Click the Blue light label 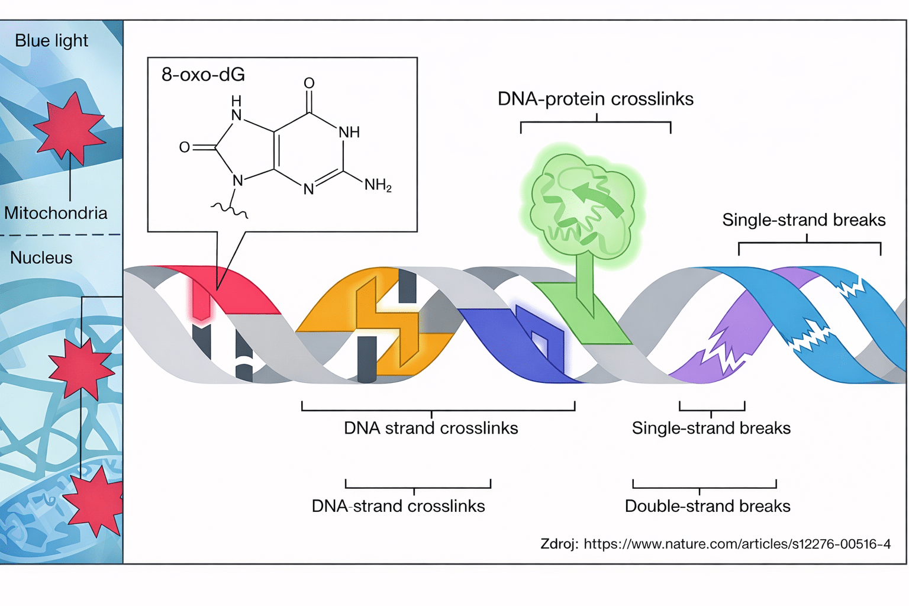pyautogui.click(x=51, y=41)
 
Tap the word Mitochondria pyautogui.click(x=56, y=213)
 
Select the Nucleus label pyautogui.click(x=41, y=258)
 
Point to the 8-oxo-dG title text pyautogui.click(x=203, y=75)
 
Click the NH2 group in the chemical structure pyautogui.click(x=378, y=185)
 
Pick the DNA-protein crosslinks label pyautogui.click(x=595, y=99)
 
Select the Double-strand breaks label pyautogui.click(x=707, y=506)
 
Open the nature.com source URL pyautogui.click(x=737, y=544)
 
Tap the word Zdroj pyautogui.click(x=559, y=544)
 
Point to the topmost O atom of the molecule pyautogui.click(x=309, y=83)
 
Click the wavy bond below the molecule pyautogui.click(x=230, y=208)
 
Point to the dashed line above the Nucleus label pyautogui.click(x=59, y=235)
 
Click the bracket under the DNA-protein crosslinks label pyautogui.click(x=595, y=123)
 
